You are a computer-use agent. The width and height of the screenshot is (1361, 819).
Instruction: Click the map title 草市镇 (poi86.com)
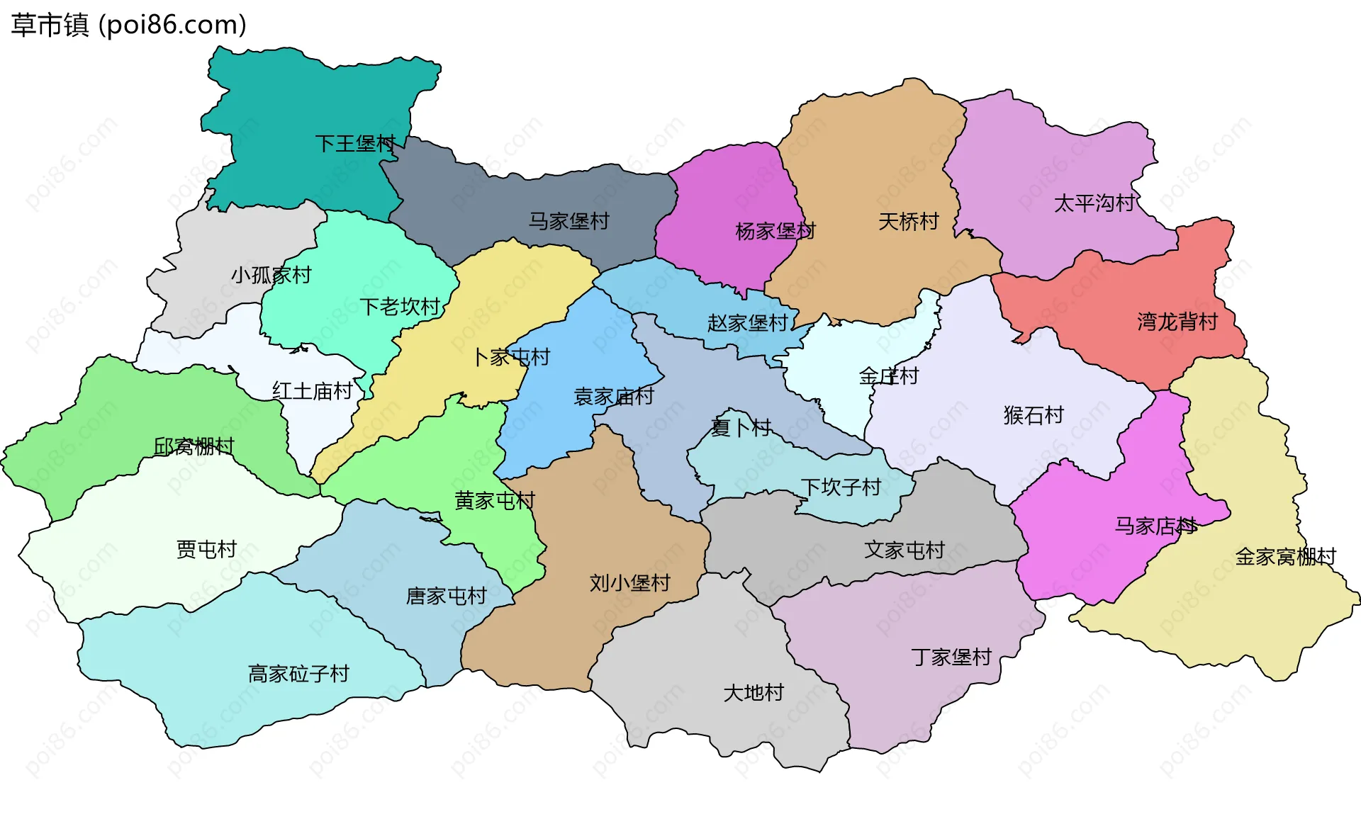click(128, 25)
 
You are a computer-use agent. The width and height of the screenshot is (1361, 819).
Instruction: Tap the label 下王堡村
click(355, 144)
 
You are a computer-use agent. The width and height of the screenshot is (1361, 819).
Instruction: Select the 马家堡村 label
click(569, 221)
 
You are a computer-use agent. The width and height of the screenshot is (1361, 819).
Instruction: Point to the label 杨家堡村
click(775, 231)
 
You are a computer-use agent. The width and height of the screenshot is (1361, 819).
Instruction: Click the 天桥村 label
click(908, 222)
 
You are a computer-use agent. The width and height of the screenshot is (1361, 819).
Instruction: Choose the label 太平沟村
click(1095, 203)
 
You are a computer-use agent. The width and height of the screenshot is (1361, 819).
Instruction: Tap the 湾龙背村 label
click(1177, 322)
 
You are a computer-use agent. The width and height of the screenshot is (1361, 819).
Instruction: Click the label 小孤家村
click(271, 275)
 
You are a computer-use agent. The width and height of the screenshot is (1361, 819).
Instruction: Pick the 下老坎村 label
click(400, 307)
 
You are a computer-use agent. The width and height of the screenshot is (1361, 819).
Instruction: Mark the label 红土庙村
click(312, 390)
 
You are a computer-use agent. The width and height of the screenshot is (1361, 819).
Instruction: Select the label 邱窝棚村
click(194, 446)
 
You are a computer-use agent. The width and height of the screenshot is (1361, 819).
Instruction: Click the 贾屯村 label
click(206, 549)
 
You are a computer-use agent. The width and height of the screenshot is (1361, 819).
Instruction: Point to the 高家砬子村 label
click(298, 673)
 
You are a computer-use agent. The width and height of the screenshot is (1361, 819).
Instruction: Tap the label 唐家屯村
click(446, 596)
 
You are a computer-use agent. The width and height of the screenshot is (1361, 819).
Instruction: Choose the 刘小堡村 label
click(629, 583)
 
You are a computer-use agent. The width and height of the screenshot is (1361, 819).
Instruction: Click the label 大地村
click(754, 692)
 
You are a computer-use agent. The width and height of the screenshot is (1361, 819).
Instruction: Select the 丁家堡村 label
click(951, 657)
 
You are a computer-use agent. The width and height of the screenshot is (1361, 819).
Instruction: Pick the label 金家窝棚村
click(1285, 557)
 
